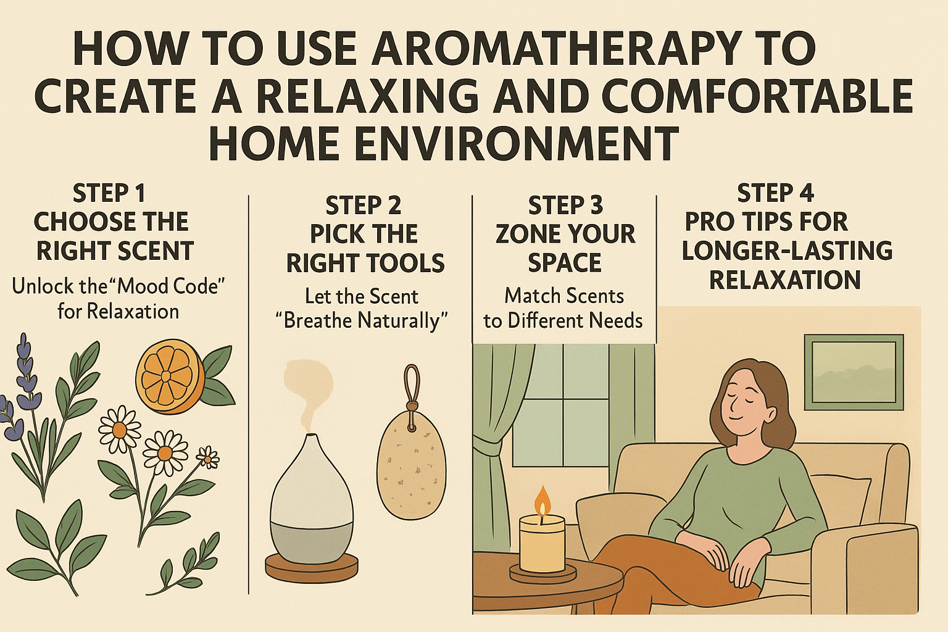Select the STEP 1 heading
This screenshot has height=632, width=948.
coord(109,193)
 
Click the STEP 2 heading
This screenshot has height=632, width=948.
coord(363,205)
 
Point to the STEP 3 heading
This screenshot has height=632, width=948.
coord(565,205)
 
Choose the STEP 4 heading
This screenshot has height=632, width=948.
coord(775,193)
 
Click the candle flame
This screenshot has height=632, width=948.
coord(542,500)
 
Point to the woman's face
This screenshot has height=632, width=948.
coord(749,402)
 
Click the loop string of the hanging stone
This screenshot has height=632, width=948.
coord(411,386)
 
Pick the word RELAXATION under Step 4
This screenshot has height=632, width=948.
coord(784,280)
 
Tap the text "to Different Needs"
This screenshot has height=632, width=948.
coord(563,321)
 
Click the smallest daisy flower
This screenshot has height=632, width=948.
coord(208,457)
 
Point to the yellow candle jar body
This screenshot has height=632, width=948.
coord(542,543)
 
